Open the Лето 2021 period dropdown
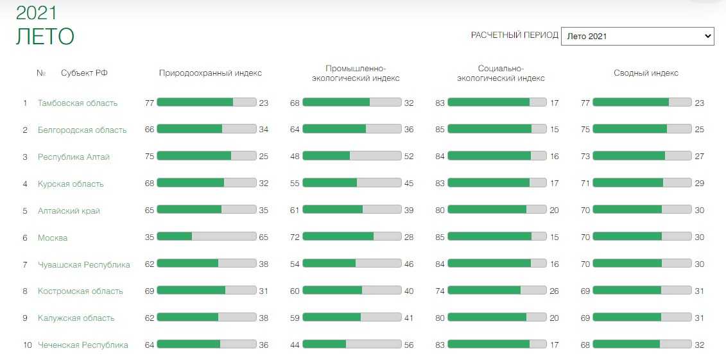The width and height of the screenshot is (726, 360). [637, 36]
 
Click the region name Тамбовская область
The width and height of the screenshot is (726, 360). [78, 103]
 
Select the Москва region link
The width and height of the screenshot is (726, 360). [53, 237]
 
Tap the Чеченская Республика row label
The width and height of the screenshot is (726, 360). [83, 345]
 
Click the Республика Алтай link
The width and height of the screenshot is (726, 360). [74, 157]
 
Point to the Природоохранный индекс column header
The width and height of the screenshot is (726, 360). [210, 73]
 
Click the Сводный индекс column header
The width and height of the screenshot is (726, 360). [646, 73]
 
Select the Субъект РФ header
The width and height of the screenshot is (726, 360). [84, 73]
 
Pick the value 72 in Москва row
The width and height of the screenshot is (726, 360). [295, 237]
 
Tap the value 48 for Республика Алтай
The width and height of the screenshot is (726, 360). [295, 157]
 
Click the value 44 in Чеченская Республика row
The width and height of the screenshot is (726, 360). [295, 345]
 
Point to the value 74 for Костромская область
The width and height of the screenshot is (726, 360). [440, 291]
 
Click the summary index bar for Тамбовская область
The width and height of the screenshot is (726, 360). [642, 102]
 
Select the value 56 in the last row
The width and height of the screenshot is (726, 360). [409, 345]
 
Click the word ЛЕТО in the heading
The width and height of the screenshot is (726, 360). [45, 37]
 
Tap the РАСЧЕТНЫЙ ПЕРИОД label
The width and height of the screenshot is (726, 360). [514, 35]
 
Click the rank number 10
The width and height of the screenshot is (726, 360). [28, 345]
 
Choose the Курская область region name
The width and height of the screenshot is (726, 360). [71, 184]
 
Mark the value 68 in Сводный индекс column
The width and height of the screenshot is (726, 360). [585, 345]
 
